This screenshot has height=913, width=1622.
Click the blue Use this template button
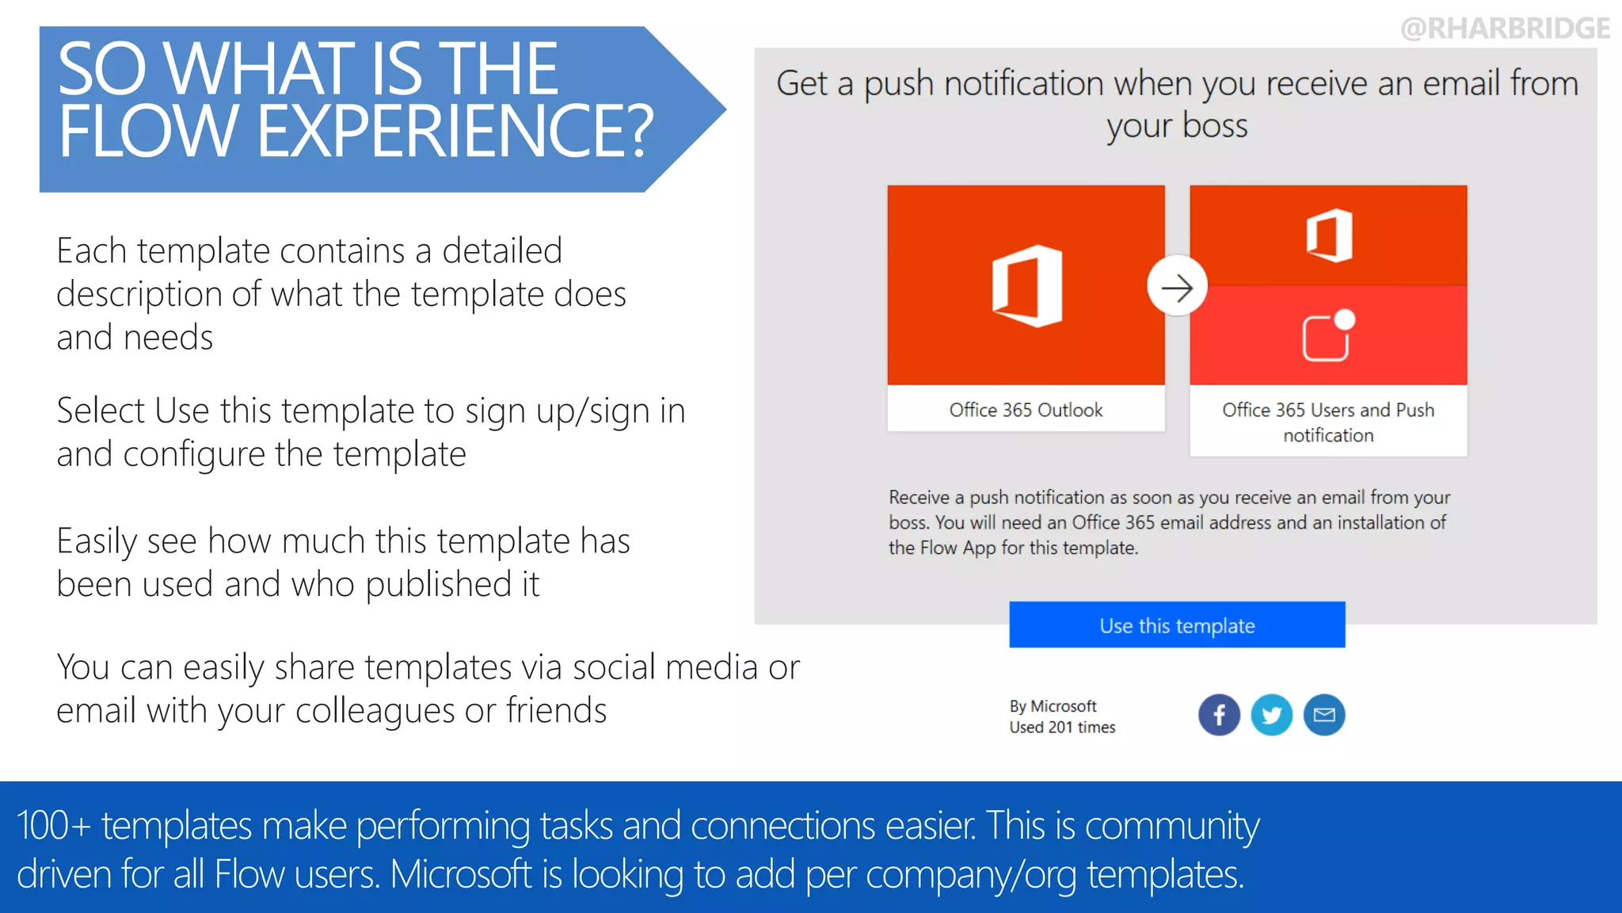[x=1177, y=625]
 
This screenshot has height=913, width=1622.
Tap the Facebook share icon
[x=1219, y=715]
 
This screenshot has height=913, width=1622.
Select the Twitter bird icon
[x=1271, y=715]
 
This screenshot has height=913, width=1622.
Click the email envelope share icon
[x=1324, y=715]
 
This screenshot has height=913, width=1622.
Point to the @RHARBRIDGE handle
[x=1505, y=29]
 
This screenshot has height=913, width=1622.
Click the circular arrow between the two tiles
[x=1177, y=286]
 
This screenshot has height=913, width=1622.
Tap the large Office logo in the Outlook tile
[x=1026, y=286]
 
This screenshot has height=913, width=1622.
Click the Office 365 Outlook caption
[x=1026, y=410]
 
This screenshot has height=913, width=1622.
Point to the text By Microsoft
[x=1053, y=706]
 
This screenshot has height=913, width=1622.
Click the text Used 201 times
[x=1062, y=728]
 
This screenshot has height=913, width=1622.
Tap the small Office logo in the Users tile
[x=1329, y=235]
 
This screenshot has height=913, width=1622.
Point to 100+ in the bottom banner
[x=53, y=826]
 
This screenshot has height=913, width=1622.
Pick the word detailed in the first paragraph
[x=502, y=251]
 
